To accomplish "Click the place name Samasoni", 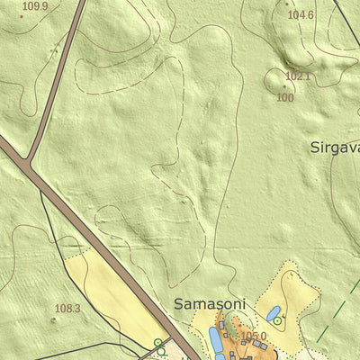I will point(209,304).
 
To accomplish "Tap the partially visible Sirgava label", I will point(335,147).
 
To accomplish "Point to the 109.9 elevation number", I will point(34,6).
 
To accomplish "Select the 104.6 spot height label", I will point(301,15).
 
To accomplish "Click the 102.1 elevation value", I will point(297,76).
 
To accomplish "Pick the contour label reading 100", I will point(285,97).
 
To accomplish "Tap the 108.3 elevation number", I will point(67,309).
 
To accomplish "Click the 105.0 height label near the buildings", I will point(254,337).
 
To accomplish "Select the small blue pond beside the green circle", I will point(273,313).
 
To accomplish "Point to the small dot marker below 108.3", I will point(53,319).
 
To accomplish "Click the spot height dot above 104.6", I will point(286,4).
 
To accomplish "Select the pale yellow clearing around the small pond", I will point(297,297).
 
